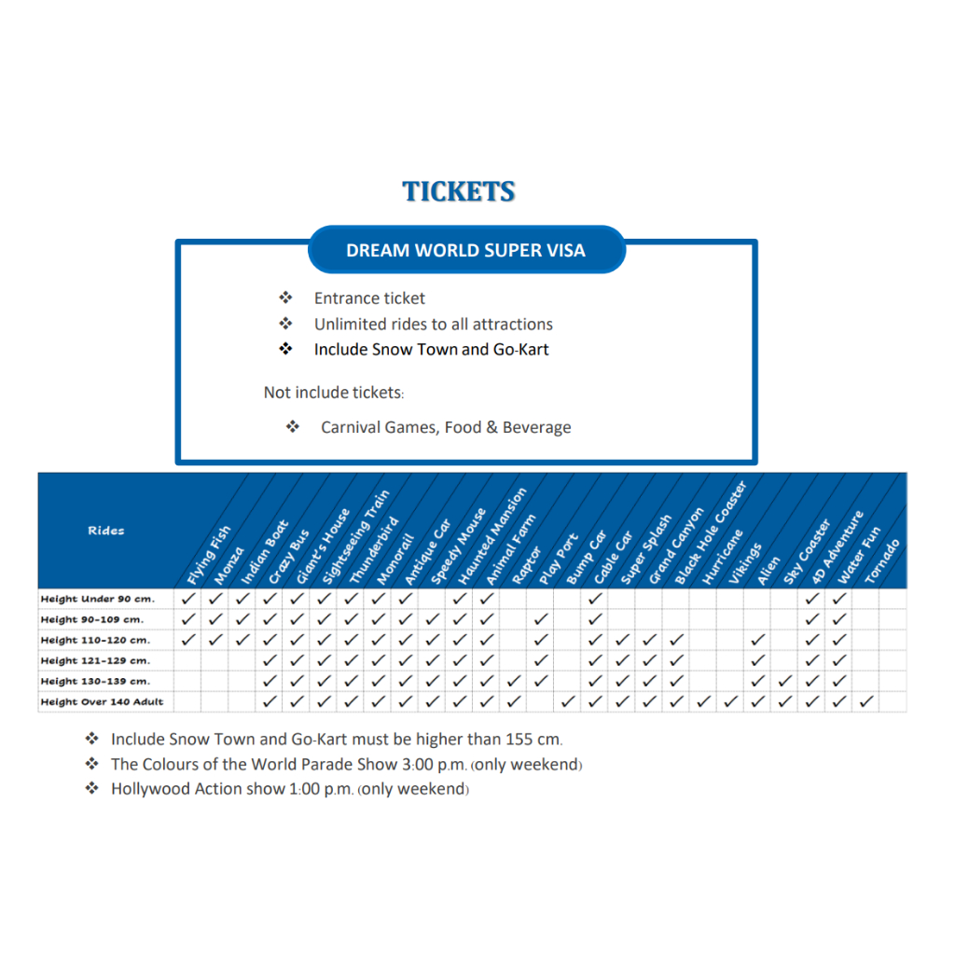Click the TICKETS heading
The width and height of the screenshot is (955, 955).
(459, 191)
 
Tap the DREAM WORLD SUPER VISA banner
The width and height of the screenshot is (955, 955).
(466, 250)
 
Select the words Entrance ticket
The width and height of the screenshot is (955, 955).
(369, 298)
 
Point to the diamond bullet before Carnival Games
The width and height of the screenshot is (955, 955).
(293, 426)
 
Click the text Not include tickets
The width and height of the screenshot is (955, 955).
(334, 393)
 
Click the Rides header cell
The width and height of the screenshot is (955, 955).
(106, 531)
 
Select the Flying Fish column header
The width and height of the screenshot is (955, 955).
(209, 555)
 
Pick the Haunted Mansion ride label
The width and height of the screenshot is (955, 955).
(491, 536)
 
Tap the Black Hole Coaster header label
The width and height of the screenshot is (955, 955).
(710, 533)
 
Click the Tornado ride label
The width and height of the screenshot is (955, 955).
(882, 561)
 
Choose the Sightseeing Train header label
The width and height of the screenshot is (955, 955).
(355, 537)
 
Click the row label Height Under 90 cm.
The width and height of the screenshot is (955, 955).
(98, 599)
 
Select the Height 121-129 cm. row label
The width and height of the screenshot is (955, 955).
(96, 661)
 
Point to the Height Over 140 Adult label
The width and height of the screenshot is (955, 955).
(102, 701)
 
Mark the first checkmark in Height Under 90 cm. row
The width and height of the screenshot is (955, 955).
(188, 599)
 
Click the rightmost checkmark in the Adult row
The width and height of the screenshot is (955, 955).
(866, 701)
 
